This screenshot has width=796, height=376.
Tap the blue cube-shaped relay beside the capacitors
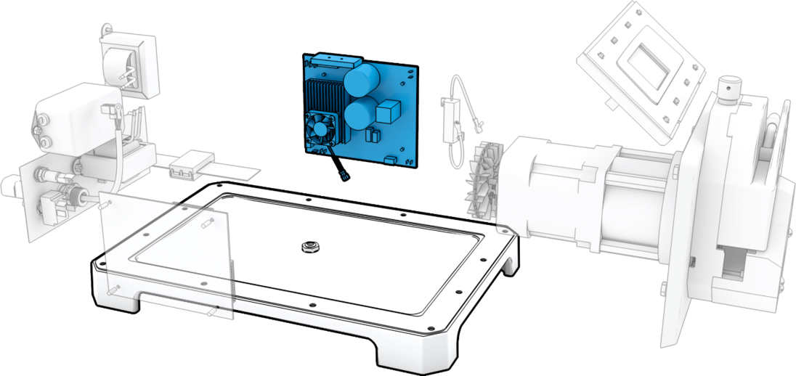389,110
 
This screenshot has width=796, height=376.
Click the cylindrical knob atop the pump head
729,90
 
